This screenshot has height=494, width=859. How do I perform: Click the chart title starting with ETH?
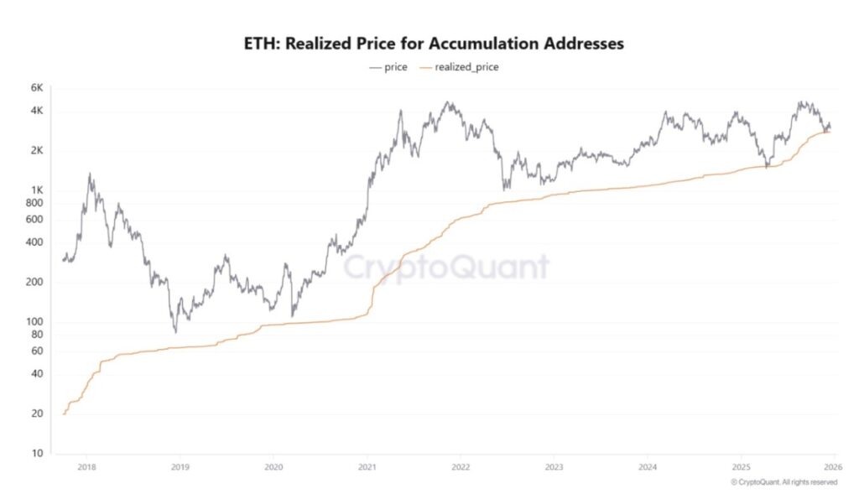pyautogui.click(x=433, y=44)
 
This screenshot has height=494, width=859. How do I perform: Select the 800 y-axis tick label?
pyautogui.click(x=34, y=203)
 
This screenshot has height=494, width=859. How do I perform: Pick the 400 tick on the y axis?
pyautogui.click(x=34, y=242)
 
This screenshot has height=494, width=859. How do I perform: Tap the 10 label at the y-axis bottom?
pyautogui.click(x=37, y=454)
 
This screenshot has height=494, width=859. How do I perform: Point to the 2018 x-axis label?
pyautogui.click(x=86, y=466)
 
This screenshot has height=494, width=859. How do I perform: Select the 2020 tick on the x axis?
pyautogui.click(x=273, y=466)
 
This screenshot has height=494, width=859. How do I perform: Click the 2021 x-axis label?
pyautogui.click(x=366, y=466)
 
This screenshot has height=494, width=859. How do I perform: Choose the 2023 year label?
pyautogui.click(x=553, y=466)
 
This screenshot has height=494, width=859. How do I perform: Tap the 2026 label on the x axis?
pyautogui.click(x=833, y=466)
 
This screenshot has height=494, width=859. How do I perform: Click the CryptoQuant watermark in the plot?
pyautogui.click(x=446, y=268)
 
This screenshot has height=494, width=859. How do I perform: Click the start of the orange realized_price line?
pyautogui.click(x=64, y=413)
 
